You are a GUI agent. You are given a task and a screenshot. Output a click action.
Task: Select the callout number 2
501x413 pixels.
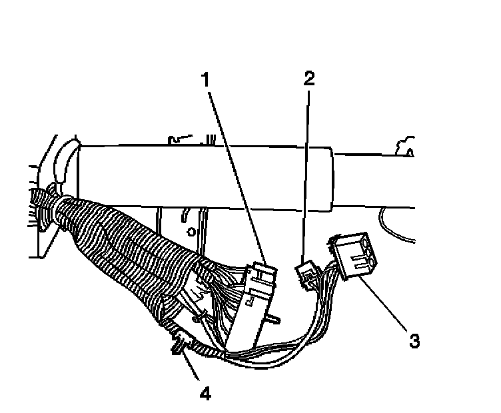click(308, 79)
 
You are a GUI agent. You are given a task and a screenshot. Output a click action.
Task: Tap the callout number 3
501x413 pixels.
click(414, 341)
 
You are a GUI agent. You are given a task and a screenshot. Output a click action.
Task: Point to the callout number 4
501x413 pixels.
click(205, 393)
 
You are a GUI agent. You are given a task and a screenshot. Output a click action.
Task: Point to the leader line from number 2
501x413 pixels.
click(306, 173)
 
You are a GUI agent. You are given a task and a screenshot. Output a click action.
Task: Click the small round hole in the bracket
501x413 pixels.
click(191, 232)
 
